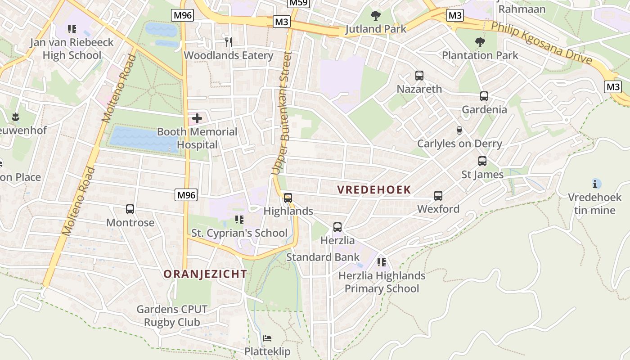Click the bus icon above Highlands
pyautogui.click(x=288, y=198)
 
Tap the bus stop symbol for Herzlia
pyautogui.click(x=337, y=227)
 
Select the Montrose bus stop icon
pyautogui.click(x=130, y=209)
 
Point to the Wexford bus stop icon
pyautogui.click(x=438, y=196)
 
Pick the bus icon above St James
pyautogui.click(x=482, y=161)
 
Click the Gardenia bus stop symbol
pyautogui.click(x=484, y=96)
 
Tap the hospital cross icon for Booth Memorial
pyautogui.click(x=197, y=119)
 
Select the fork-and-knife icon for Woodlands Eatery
pyautogui.click(x=229, y=42)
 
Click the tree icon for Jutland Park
pyautogui.click(x=376, y=16)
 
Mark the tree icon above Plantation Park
pyautogui.click(x=480, y=42)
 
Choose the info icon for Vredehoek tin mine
pyautogui.click(x=597, y=184)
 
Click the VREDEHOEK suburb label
pyautogui.click(x=374, y=190)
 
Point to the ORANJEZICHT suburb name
pyautogui.click(x=205, y=274)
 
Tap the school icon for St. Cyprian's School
pyautogui.click(x=239, y=220)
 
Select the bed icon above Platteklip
pyautogui.click(x=267, y=338)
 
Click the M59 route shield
pyautogui.click(x=299, y=3)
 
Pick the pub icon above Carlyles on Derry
pyautogui.click(x=459, y=130)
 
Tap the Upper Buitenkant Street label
pyautogui.click(x=282, y=112)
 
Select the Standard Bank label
pyautogui.click(x=323, y=257)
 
